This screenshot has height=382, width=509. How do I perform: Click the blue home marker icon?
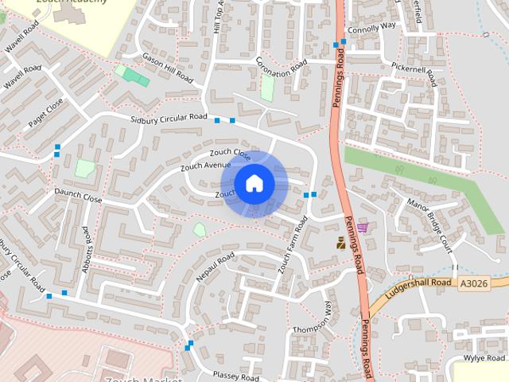click(254, 184)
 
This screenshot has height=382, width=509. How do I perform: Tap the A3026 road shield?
click(473, 283)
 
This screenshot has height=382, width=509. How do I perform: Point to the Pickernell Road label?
click(414, 74)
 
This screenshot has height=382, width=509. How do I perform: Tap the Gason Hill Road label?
click(168, 68)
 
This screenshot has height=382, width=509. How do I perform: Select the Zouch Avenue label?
click(205, 166)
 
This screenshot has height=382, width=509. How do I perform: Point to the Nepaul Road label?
click(215, 267)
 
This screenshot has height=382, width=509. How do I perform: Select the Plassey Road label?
click(235, 376)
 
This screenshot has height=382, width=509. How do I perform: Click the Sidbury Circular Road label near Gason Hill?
click(169, 119)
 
